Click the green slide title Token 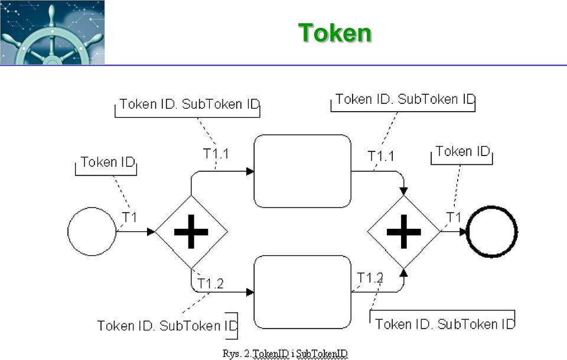[x=335, y=33]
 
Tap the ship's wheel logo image [x=53, y=33]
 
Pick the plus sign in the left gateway [x=191, y=232]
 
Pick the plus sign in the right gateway [x=404, y=232]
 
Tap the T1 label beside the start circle [x=129, y=218]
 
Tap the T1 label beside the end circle [x=454, y=218]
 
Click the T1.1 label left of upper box [x=216, y=154]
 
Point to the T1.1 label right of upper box [x=381, y=156]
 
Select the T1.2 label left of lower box [x=210, y=284]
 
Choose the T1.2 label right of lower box [x=370, y=278]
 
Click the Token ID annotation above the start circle [x=107, y=162]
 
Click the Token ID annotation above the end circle [x=462, y=151]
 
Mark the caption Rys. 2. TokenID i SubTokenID [x=285, y=353]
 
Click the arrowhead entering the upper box [x=250, y=171]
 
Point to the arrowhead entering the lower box [x=250, y=292]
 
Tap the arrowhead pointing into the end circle [x=463, y=232]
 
